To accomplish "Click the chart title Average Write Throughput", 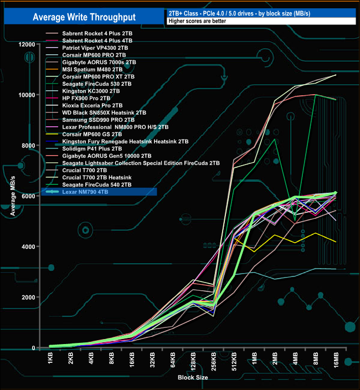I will coord(84,17).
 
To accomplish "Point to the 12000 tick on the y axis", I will coord(26,44).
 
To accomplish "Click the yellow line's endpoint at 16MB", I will coord(335,242).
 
